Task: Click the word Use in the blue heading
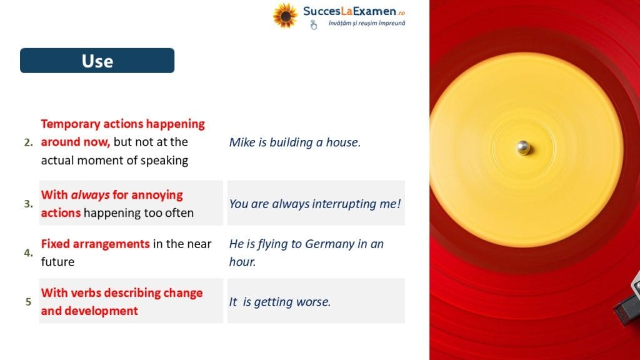pyautogui.click(x=97, y=61)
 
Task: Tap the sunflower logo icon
pyautogui.click(x=285, y=16)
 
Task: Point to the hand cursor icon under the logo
pyautogui.click(x=313, y=25)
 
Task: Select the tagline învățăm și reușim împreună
pyautogui.click(x=366, y=23)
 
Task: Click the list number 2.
pyautogui.click(x=28, y=142)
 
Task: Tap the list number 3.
pyautogui.click(x=28, y=204)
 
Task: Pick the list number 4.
pyautogui.click(x=28, y=252)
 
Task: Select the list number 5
pyautogui.click(x=28, y=302)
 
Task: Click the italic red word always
pyautogui.click(x=90, y=195)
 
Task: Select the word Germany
pyautogui.click(x=330, y=244)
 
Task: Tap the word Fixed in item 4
pyautogui.click(x=55, y=244)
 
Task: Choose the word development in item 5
pyautogui.click(x=101, y=311)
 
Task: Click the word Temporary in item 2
pyautogui.click(x=71, y=124)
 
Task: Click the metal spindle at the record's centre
pyautogui.click(x=523, y=147)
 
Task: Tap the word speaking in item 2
pyautogui.click(x=164, y=161)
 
